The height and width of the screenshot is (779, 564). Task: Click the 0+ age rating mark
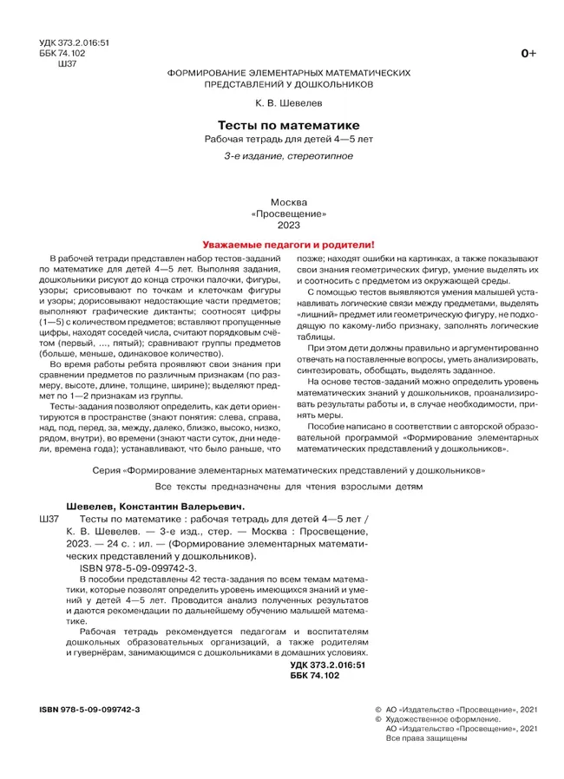coord(528,55)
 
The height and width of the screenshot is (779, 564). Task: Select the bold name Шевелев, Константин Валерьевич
coord(143,506)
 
